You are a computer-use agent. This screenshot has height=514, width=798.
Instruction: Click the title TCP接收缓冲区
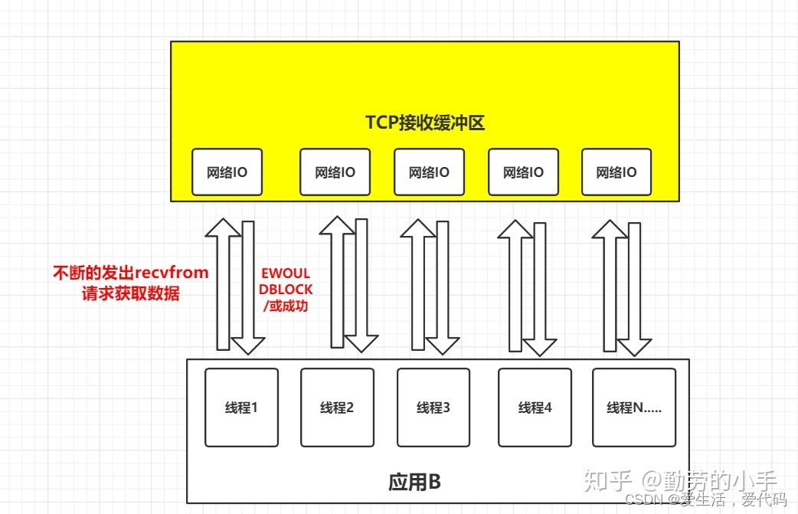424,123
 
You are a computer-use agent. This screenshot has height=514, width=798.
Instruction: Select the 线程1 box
241,407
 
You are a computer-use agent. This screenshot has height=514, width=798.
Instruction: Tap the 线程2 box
337,407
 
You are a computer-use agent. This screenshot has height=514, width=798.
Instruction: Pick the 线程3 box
433,407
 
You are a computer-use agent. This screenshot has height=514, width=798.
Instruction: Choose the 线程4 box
535,407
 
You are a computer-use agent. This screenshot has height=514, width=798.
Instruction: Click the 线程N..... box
633,407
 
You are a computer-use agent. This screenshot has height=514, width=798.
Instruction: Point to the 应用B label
414,482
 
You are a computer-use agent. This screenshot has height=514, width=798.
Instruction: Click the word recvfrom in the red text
172,273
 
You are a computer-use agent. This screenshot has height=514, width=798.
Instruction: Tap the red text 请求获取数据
130,293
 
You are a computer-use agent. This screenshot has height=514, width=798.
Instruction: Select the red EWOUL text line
285,273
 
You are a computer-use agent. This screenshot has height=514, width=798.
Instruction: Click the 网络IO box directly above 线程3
429,172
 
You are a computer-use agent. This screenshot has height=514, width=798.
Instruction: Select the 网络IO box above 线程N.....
616,172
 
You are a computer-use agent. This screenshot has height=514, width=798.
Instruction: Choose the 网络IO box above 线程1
227,172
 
